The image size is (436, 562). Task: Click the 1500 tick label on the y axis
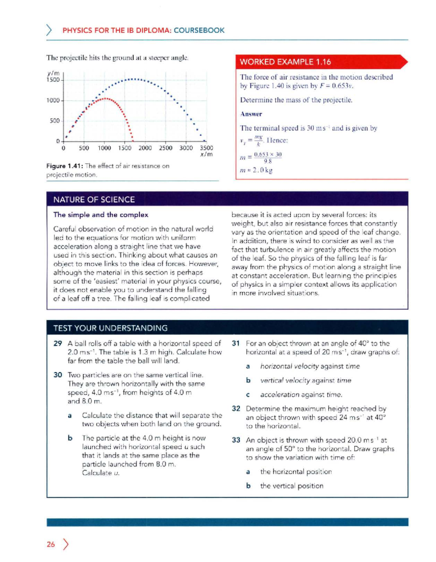pyautogui.click(x=53, y=80)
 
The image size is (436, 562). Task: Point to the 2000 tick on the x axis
pyautogui.click(x=145, y=148)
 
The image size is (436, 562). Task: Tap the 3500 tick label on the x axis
pyautogui.click(x=206, y=148)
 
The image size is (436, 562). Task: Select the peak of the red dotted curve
pyautogui.click(x=105, y=98)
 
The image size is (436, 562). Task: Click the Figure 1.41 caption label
pyautogui.click(x=65, y=166)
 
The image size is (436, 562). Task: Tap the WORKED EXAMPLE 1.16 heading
pyautogui.click(x=285, y=62)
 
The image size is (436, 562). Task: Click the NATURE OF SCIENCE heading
pyautogui.click(x=94, y=199)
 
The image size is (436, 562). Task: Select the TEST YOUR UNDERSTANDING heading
pyautogui.click(x=110, y=328)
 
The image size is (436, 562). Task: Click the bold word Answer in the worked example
pyautogui.click(x=251, y=114)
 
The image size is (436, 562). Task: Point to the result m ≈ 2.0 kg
pyautogui.click(x=256, y=170)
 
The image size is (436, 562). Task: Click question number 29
pyautogui.click(x=57, y=343)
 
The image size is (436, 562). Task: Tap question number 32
pyautogui.click(x=236, y=409)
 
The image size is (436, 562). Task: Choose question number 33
pyautogui.click(x=236, y=440)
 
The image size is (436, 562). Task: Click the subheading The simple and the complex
pyautogui.click(x=101, y=215)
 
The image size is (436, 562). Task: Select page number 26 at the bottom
pyautogui.click(x=51, y=544)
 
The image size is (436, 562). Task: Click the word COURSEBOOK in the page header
pyautogui.click(x=199, y=30)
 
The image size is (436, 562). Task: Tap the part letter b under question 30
pyautogui.click(x=70, y=438)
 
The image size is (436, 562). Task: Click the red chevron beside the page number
pyautogui.click(x=66, y=544)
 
